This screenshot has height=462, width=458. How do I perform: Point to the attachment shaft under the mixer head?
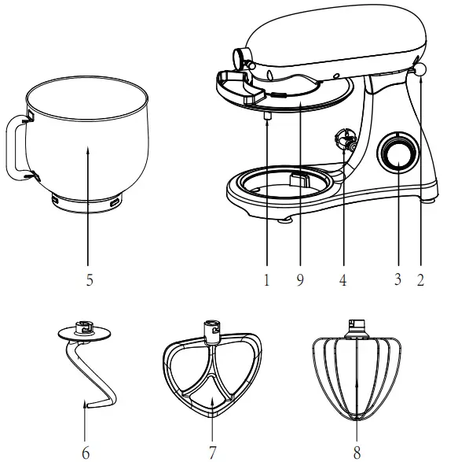(267, 116)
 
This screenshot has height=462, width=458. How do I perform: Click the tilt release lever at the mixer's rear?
(420, 70)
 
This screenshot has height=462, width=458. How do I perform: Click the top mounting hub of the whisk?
(357, 326)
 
